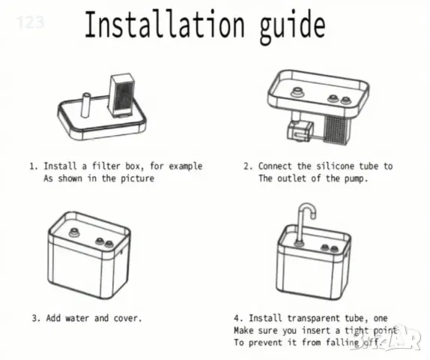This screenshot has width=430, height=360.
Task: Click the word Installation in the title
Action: point(165,24)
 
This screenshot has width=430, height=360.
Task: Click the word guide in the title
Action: point(292,27)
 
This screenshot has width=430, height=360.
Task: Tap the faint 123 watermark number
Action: point(30,22)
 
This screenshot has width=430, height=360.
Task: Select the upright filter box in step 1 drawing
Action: point(121,94)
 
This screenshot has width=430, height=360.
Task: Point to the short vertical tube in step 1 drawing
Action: point(86,104)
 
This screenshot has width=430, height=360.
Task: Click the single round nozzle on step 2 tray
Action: point(297,92)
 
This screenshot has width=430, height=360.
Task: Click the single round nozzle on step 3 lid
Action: point(73,232)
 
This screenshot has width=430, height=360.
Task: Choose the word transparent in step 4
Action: point(313,318)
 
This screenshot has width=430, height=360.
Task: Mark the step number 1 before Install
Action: point(33,166)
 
